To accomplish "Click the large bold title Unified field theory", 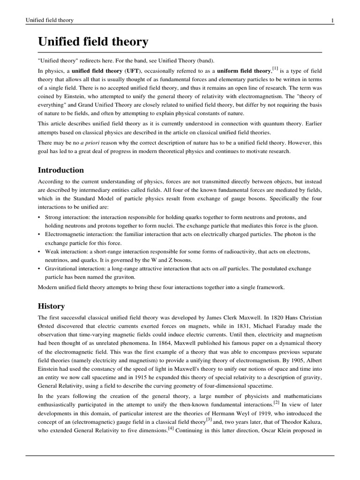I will click(x=93, y=42).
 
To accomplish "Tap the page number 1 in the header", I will click(x=332, y=20).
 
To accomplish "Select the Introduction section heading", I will click(x=61, y=170).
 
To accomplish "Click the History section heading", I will click(x=51, y=306).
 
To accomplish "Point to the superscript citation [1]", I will click(x=274, y=68).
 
